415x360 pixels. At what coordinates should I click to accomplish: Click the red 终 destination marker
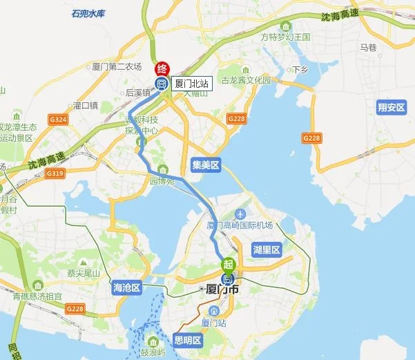[162, 68]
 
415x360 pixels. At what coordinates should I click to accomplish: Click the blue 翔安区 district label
[391, 107]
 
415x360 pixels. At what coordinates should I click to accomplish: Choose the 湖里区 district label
[267, 249]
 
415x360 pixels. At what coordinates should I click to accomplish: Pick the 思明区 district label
[186, 340]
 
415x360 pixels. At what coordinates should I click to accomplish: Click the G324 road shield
[58, 120]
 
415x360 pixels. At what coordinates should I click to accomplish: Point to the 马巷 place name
[368, 48]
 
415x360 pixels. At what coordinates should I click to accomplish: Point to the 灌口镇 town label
[85, 106]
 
